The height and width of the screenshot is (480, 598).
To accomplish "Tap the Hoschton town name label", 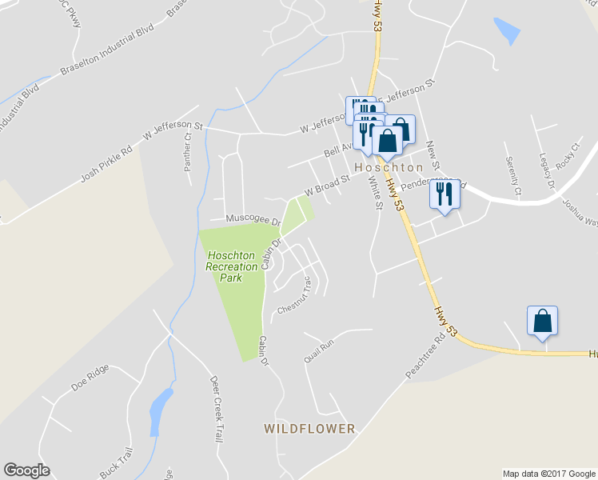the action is coord(389,168).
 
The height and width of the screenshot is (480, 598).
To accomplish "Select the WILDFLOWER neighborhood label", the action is coord(309,429).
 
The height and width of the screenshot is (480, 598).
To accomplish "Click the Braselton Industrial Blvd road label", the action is coord(106,58).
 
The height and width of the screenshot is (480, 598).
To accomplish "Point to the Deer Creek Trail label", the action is coord(216,409).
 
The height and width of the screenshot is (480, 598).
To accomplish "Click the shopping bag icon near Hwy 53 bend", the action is coord(542,322).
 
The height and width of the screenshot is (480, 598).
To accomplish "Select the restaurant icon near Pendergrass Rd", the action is coord(445,194).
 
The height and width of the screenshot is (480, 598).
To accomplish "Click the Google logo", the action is coord(26,470).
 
